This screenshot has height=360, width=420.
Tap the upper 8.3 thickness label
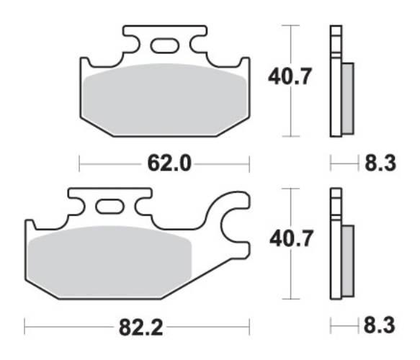pos(380,164)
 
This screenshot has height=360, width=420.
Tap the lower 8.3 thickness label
pos(380,328)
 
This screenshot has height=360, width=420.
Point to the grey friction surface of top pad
pos(162,101)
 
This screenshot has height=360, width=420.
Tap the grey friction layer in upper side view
pos(347,98)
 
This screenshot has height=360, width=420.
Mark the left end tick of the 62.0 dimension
pos(79,164)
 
